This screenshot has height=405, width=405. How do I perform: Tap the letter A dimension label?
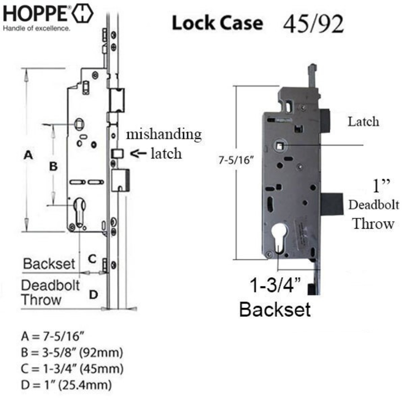28,155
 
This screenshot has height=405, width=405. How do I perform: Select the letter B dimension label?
53,166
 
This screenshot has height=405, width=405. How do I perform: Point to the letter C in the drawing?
92,259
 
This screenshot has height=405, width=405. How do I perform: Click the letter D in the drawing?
93,294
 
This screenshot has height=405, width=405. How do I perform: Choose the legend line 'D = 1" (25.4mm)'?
66,385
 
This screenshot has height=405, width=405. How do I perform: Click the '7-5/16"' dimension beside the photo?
235,160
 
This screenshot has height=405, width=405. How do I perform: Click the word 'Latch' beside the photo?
363,121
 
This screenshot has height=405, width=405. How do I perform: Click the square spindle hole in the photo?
280,145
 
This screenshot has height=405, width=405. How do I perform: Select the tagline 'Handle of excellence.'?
36,28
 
